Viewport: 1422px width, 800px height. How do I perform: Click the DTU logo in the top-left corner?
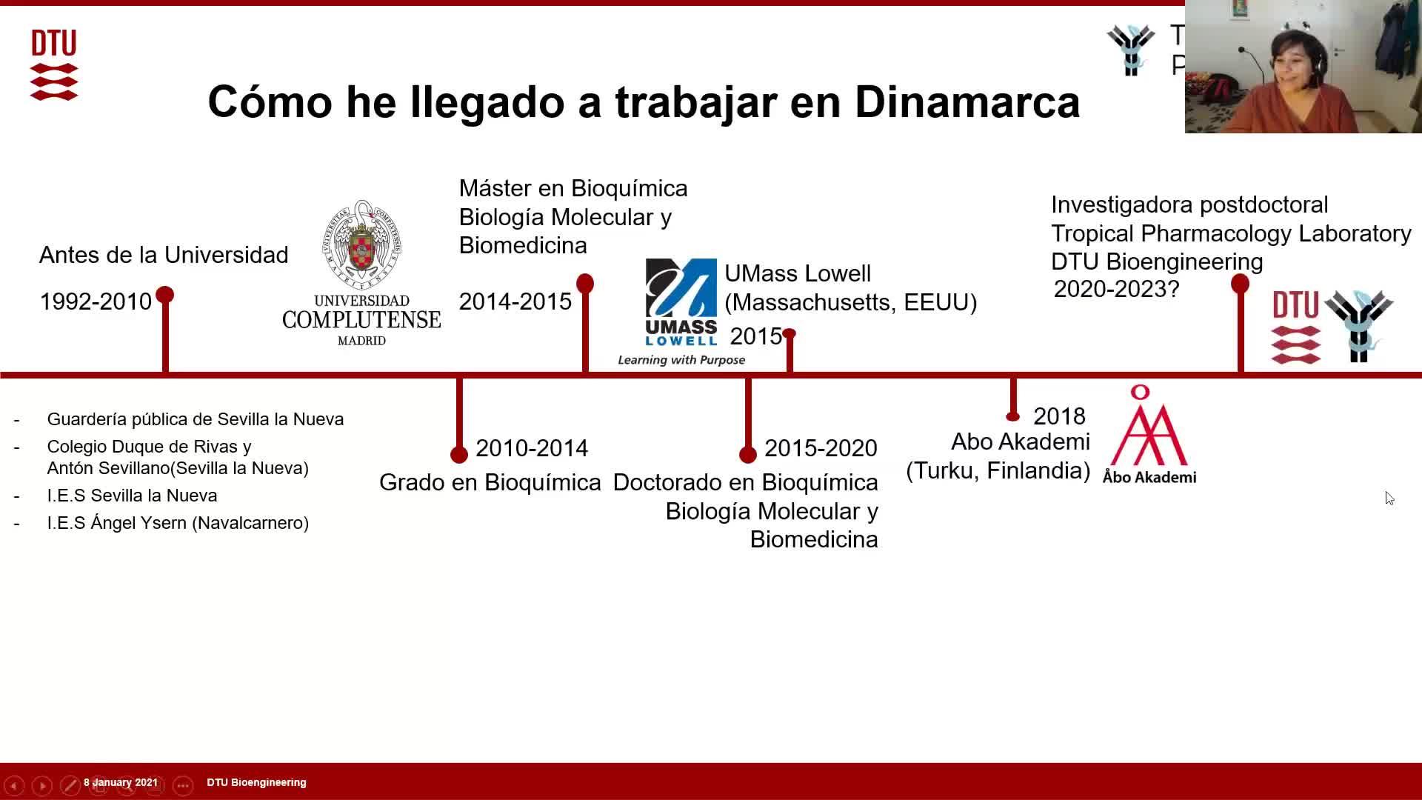click(54, 65)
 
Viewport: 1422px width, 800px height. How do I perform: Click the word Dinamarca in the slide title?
click(967, 101)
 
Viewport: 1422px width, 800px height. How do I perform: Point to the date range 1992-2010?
click(96, 301)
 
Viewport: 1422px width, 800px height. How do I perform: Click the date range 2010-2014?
click(532, 448)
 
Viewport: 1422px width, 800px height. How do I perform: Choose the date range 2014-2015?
click(515, 301)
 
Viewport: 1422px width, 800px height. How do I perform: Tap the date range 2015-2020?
click(821, 448)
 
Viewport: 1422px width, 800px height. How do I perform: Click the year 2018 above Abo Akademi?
click(1059, 416)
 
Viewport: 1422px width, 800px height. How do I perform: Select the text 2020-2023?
click(1116, 289)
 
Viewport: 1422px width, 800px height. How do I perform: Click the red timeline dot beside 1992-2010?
click(165, 295)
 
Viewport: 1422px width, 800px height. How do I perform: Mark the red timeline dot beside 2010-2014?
click(459, 454)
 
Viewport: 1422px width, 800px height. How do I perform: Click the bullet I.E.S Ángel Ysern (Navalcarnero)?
click(178, 523)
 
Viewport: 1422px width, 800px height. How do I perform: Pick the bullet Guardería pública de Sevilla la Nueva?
click(196, 419)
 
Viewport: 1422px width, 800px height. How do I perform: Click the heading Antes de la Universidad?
click(164, 255)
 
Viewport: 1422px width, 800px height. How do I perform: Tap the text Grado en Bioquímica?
click(490, 482)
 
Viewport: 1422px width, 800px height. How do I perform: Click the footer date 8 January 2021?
click(121, 782)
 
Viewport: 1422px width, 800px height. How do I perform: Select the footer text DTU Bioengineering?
click(256, 782)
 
